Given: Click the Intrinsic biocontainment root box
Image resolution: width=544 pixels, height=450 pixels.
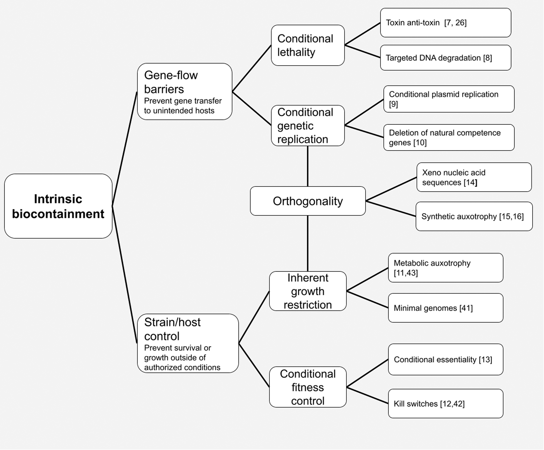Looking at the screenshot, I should pyautogui.click(x=58, y=206).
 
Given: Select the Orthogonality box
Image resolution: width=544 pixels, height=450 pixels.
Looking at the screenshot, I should pyautogui.click(x=308, y=201).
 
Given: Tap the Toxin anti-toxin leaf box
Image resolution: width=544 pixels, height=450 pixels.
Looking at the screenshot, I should pyautogui.click(x=445, y=23).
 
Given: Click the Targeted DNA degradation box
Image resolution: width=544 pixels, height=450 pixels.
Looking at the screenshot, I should pyautogui.click(x=445, y=58).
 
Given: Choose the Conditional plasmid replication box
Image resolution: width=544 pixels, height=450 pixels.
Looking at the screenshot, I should pyautogui.click(x=449, y=99).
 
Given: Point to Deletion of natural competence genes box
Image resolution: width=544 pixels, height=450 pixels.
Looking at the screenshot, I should pyautogui.click(x=449, y=137).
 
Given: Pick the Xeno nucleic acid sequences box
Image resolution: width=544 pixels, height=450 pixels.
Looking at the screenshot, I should pyautogui.click(x=474, y=177).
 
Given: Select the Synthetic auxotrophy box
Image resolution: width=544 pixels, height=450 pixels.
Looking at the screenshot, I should pyautogui.click(x=474, y=216).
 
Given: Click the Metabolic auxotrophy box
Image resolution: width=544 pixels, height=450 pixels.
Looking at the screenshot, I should pyautogui.click(x=445, y=268).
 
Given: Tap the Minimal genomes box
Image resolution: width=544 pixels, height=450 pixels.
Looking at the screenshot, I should pyautogui.click(x=445, y=308).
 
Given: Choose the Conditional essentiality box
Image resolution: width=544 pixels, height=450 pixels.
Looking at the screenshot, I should pyautogui.click(x=445, y=359).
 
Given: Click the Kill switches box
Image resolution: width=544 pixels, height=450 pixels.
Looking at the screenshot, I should pyautogui.click(x=445, y=403).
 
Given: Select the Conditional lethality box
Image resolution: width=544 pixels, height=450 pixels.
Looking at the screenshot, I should pyautogui.click(x=308, y=45).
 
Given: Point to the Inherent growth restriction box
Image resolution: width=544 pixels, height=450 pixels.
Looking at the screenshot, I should pyautogui.click(x=308, y=291).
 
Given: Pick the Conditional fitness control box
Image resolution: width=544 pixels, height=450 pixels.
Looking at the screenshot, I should pyautogui.click(x=308, y=387).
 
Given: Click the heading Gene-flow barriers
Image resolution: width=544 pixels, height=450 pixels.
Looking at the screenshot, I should pyautogui.click(x=171, y=82).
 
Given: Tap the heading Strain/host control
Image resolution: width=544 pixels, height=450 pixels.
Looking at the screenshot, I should pyautogui.click(x=172, y=329).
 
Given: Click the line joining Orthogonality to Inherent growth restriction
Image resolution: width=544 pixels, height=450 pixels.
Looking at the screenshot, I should pyautogui.click(x=308, y=244).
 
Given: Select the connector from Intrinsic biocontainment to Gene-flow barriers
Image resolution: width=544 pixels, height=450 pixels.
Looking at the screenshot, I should pyautogui.click(x=125, y=149).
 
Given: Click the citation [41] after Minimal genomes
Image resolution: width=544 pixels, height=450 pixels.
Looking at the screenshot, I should pyautogui.click(x=466, y=308).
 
